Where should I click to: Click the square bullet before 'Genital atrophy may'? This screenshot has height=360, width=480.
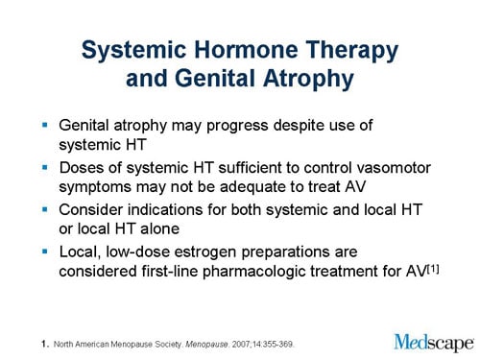45,126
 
